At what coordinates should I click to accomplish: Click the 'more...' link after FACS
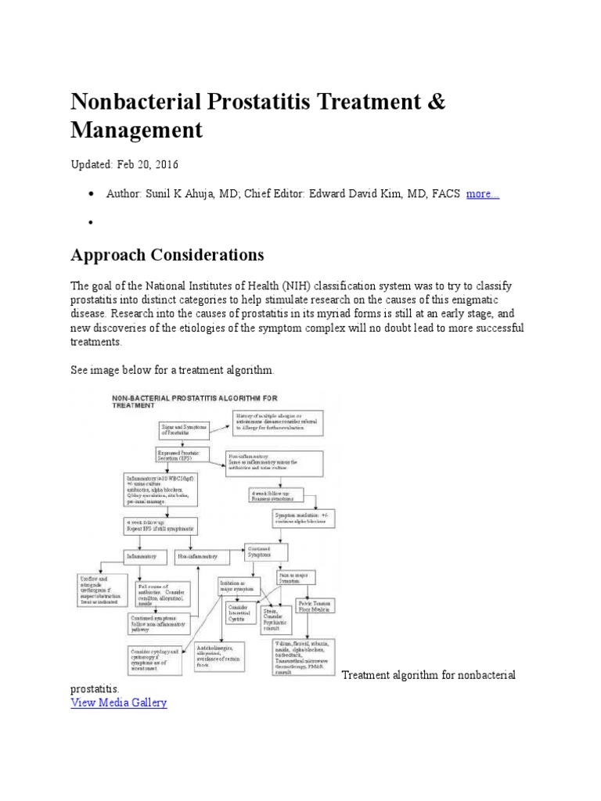point(482,194)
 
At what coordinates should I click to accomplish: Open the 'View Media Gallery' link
point(119,702)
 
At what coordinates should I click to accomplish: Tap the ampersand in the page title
point(437,102)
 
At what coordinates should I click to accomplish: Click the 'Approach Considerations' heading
point(167,255)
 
